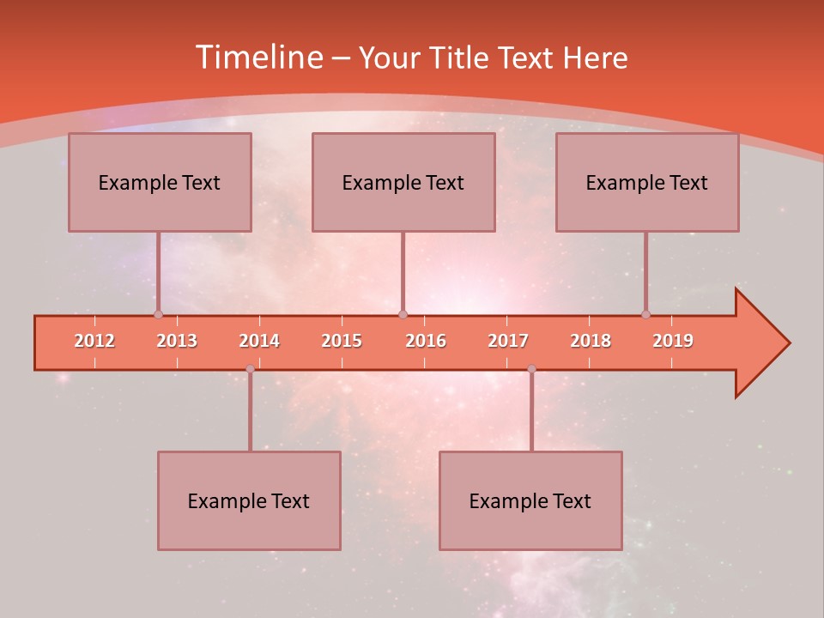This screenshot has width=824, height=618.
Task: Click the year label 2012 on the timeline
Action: pyautogui.click(x=94, y=341)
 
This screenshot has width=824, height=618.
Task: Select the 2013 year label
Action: pyautogui.click(x=177, y=341)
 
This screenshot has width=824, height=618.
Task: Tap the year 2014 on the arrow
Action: pyautogui.click(x=259, y=341)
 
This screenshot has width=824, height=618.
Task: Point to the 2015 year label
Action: pyautogui.click(x=342, y=341)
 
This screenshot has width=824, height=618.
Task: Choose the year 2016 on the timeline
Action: pyautogui.click(x=426, y=341)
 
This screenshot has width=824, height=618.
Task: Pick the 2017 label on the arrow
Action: pyautogui.click(x=508, y=341)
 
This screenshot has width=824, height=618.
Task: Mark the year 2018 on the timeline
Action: pyautogui.click(x=591, y=341)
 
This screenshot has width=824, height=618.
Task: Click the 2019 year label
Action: pyautogui.click(x=673, y=341)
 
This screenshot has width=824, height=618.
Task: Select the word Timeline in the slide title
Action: pyautogui.click(x=257, y=58)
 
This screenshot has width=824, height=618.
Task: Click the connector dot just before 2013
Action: pyautogui.click(x=158, y=314)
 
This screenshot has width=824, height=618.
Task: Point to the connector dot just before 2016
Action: pyautogui.click(x=403, y=314)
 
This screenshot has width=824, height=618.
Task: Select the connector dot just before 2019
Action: pyautogui.click(x=645, y=314)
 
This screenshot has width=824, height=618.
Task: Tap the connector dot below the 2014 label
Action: pyautogui.click(x=250, y=369)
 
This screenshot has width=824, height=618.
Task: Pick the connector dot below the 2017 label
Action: pyautogui.click(x=531, y=369)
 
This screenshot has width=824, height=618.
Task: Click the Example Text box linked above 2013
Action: pyautogui.click(x=160, y=182)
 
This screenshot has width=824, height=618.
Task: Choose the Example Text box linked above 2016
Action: pyautogui.click(x=403, y=182)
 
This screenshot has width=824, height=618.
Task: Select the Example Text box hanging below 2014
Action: pyautogui.click(x=249, y=500)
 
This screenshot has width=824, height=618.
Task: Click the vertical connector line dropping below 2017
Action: pyautogui.click(x=531, y=412)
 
